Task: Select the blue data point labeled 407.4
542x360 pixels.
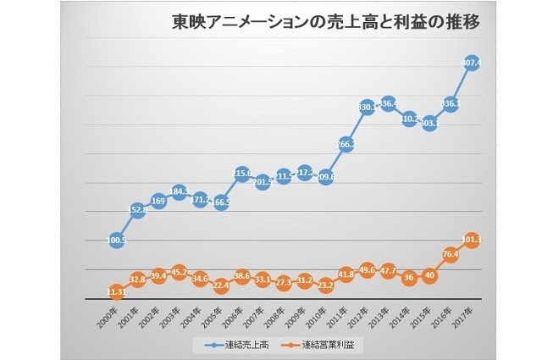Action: click(471, 63)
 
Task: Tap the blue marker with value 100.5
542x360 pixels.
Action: click(117, 240)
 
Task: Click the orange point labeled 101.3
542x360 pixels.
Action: click(471, 240)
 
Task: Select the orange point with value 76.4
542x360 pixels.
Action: click(450, 254)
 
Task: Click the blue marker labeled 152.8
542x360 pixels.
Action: click(138, 210)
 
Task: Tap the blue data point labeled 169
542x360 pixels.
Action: click(158, 201)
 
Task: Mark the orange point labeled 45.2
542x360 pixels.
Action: click(180, 273)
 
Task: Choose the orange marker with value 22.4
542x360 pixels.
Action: click(221, 285)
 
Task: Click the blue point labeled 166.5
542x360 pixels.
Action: click(221, 202)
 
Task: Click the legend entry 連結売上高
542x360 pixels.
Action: click(241, 345)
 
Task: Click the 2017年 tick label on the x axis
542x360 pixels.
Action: click(465, 315)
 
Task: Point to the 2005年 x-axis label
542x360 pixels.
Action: click(215, 315)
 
